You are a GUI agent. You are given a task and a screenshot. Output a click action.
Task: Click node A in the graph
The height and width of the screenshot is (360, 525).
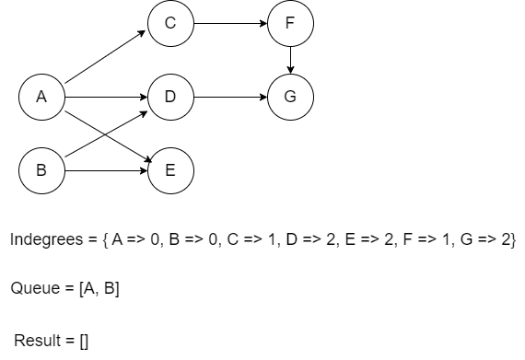point(41,96)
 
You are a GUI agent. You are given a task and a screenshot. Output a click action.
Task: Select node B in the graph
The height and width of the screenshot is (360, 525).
point(41,169)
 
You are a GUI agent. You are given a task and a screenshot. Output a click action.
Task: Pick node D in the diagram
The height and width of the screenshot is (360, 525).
point(169,96)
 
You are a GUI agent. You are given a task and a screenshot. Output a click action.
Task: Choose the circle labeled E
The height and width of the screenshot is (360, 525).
point(169,169)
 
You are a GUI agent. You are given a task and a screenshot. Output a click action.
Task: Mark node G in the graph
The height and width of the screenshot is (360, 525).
point(290,96)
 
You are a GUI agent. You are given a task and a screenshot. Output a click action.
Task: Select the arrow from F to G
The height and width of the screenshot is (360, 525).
point(290,60)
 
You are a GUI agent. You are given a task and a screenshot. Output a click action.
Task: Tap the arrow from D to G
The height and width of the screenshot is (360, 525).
point(229,96)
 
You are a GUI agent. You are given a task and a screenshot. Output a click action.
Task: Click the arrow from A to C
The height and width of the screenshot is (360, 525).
point(105,56)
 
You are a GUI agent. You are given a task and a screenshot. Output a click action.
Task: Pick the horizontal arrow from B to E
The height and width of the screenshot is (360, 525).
point(105,169)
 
